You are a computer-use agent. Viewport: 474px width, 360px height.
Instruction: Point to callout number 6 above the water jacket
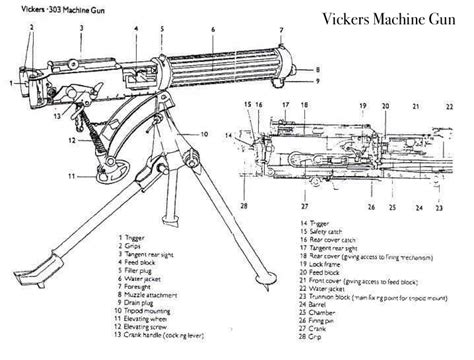click(x=212, y=29)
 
